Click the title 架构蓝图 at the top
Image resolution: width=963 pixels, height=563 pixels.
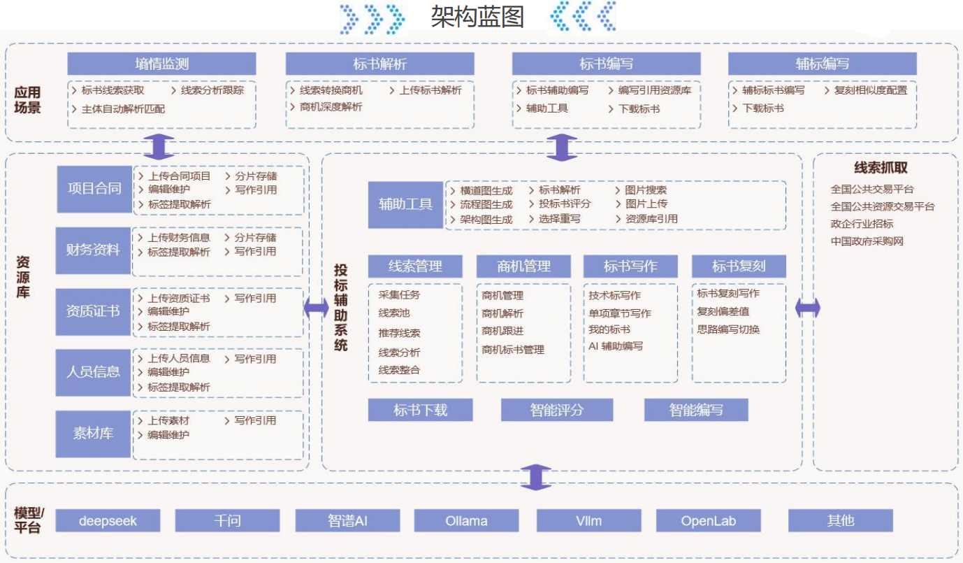point(477,17)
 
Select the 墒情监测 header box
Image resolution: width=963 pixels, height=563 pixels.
point(161,64)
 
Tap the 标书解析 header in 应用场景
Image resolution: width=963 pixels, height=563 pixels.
point(379,64)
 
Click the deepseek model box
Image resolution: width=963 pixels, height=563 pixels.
point(108,520)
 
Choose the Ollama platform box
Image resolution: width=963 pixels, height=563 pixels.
point(466,520)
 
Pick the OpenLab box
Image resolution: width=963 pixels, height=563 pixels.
point(708,520)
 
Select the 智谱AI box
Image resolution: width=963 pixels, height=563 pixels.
point(347,520)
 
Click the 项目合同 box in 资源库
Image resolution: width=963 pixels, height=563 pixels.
point(94,189)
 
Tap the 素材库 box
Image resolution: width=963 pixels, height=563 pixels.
point(93,434)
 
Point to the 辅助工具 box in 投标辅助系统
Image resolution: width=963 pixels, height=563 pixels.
point(405,205)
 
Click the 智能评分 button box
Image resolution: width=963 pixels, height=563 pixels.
point(556,410)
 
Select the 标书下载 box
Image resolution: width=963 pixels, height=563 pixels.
point(420,410)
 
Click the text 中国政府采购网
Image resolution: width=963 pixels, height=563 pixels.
point(867,241)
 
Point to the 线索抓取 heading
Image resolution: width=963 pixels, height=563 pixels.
point(881,168)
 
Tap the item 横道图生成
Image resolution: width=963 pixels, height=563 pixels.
point(486,190)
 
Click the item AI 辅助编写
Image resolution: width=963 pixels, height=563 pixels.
point(615,346)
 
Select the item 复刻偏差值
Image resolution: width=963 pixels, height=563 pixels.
point(723,311)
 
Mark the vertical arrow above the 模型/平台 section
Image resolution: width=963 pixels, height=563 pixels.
point(536,476)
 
